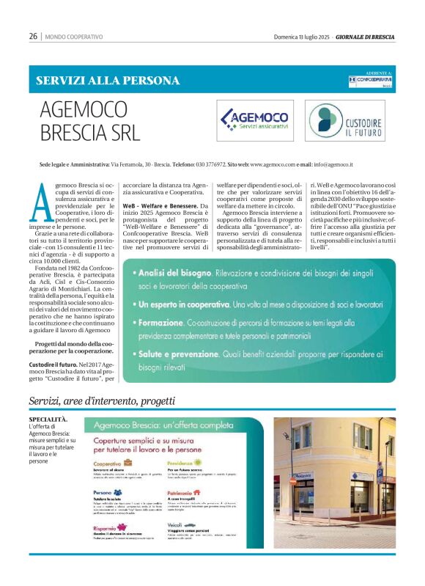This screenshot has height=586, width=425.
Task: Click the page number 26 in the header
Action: (33, 36)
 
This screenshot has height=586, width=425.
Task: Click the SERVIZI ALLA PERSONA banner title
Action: (108, 81)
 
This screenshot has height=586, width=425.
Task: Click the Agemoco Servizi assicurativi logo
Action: (254, 120)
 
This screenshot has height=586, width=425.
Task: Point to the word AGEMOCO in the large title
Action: (84, 110)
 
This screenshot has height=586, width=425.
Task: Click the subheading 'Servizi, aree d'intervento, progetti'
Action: (102, 400)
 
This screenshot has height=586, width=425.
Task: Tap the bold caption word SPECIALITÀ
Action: (48, 419)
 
